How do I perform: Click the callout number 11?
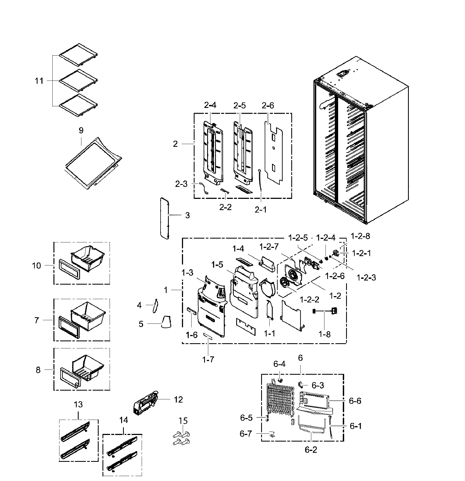coord(39,81)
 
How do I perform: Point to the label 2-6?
coord(268,105)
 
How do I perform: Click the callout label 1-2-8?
coord(360,236)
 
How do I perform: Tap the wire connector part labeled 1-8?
coord(325,311)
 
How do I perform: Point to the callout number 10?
coord(36,265)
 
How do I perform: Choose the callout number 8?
coord(38,370)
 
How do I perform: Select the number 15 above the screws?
coord(183,420)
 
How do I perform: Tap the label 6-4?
coord(279,364)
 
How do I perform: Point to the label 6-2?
coord(311,450)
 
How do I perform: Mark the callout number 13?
coord(78,404)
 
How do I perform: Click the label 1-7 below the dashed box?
coord(208,360)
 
